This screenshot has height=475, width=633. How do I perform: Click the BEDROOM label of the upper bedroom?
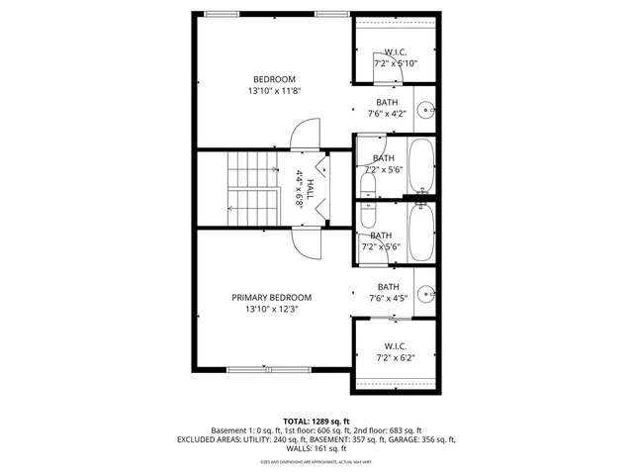tap(274, 79)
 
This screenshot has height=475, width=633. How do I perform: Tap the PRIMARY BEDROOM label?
tap(271, 297)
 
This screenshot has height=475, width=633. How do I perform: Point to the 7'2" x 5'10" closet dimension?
tap(396, 63)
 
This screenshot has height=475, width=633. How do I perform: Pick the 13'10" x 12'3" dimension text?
tap(272, 309)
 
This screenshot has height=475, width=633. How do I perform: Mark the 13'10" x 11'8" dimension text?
tap(274, 91)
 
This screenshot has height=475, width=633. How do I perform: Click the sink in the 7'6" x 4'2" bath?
tap(424, 110)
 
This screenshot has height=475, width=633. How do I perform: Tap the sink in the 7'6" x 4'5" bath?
tap(425, 293)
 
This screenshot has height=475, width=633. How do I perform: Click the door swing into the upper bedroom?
tap(304, 134)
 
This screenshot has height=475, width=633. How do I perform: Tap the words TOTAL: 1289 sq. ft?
tap(316, 421)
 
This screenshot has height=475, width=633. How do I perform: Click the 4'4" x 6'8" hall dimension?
tap(299, 190)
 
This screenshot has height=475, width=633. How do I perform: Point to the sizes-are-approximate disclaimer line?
tap(316, 461)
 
